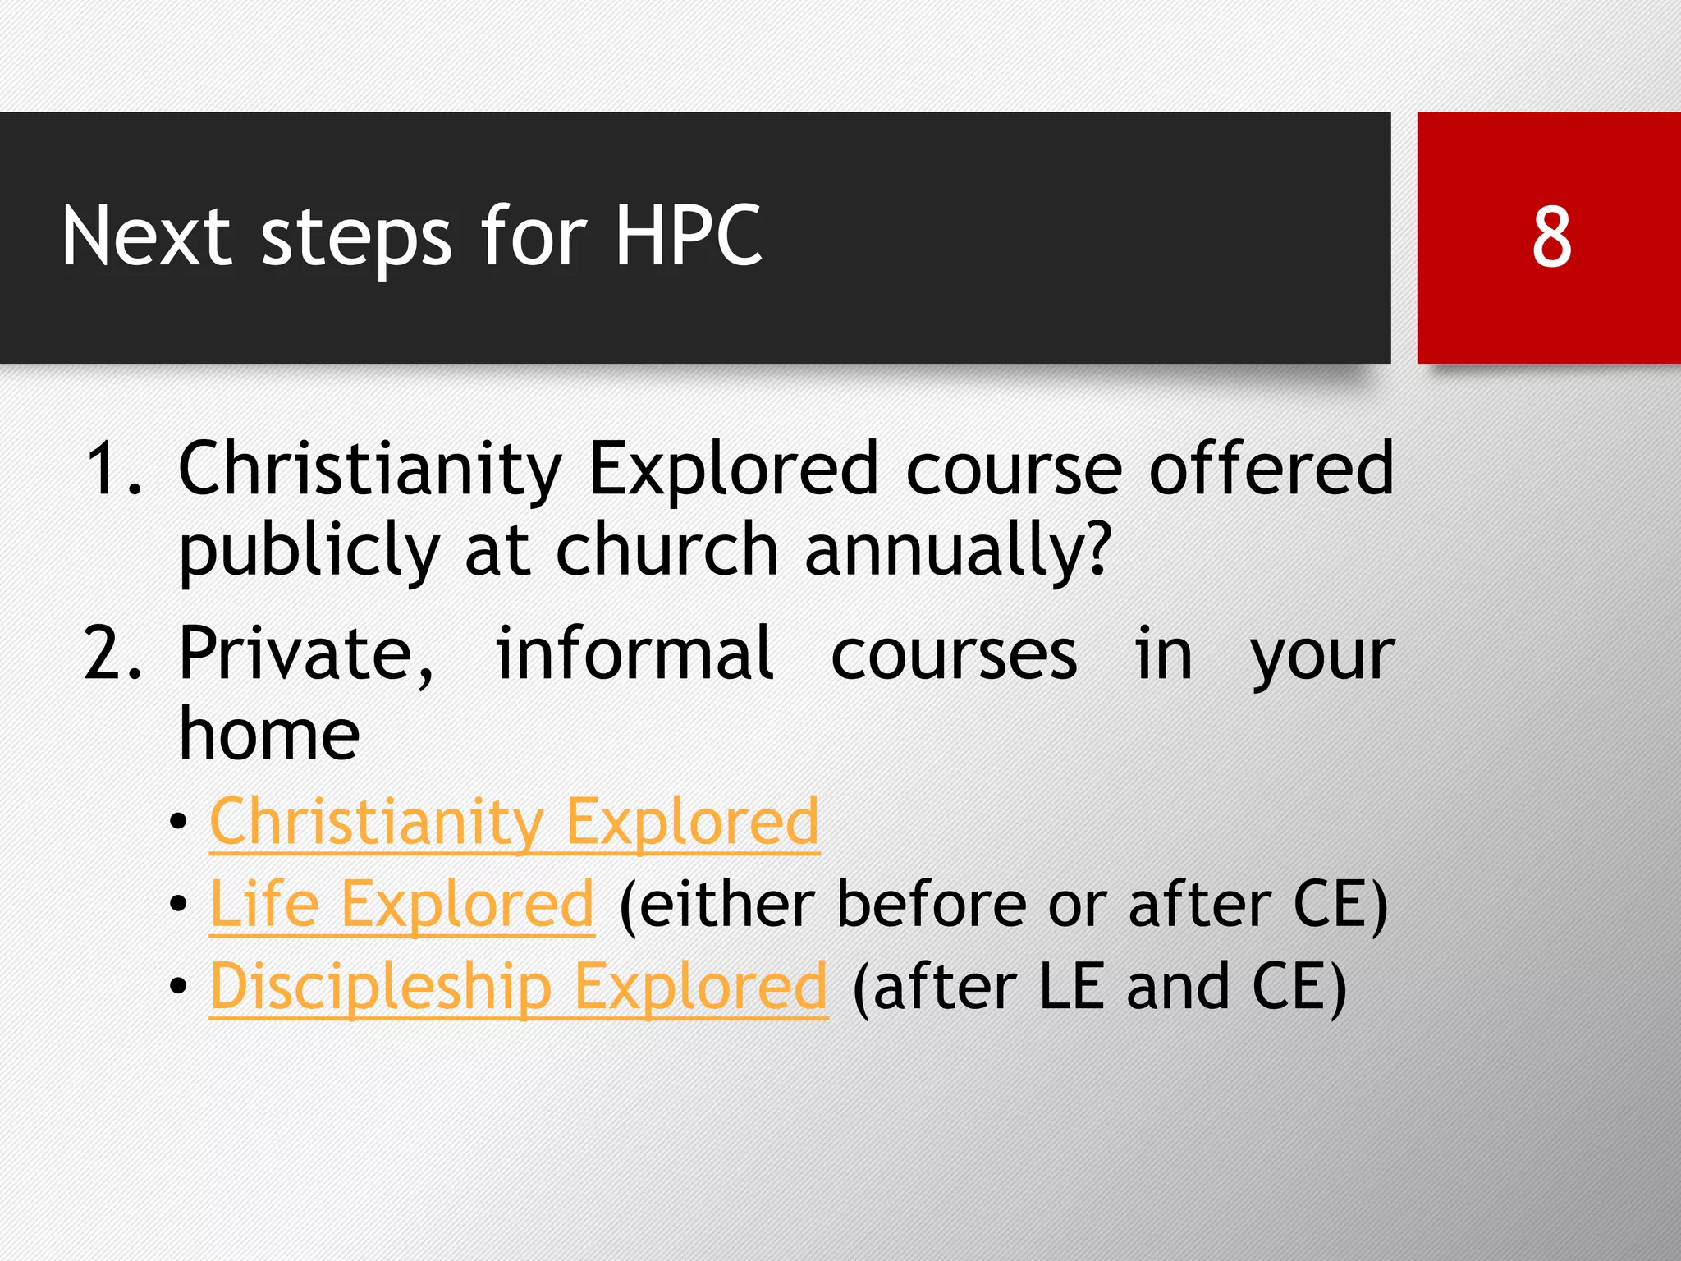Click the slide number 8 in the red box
click(x=1551, y=238)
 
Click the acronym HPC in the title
click(x=688, y=236)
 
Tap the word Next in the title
click(x=146, y=236)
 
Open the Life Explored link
click(x=401, y=904)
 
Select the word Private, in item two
click(x=305, y=654)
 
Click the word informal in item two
click(x=634, y=654)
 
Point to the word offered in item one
click(x=1271, y=469)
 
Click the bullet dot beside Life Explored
click(x=178, y=905)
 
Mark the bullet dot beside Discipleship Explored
click(x=178, y=987)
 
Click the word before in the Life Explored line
click(x=932, y=904)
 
